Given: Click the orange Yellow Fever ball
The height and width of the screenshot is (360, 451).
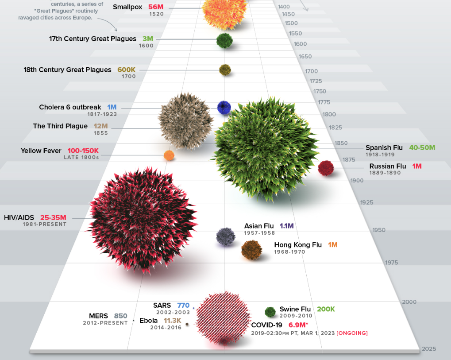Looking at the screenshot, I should tap(169, 155).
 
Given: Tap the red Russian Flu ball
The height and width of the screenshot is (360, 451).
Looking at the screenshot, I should tap(326, 168).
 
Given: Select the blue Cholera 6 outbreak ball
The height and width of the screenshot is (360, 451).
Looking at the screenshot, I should tap(224, 107).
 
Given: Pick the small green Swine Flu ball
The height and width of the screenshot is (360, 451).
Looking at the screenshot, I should tap(270, 312).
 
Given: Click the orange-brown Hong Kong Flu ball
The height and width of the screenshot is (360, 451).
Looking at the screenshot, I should tap(252, 250).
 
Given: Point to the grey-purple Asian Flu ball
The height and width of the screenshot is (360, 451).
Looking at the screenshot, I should tap(226, 236).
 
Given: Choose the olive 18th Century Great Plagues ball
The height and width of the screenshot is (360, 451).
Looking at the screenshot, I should tap(225, 70).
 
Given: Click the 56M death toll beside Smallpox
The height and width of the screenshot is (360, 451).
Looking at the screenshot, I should tap(156, 7).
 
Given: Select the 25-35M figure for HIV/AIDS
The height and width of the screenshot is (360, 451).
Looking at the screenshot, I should tap(53, 217).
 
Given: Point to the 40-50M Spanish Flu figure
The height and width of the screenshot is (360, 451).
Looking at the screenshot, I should tap(422, 147).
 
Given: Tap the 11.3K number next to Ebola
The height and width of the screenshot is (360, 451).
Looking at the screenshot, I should tap(173, 321).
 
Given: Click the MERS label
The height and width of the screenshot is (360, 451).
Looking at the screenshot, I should tap(98, 316).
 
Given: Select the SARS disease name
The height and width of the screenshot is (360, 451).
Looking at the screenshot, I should tap(162, 306).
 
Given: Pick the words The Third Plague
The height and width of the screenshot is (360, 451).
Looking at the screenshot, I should tap(60, 126).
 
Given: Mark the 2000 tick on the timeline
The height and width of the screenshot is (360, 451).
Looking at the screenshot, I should tap(409, 302).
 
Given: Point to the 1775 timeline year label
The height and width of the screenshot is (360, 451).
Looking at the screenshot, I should tap(324, 103).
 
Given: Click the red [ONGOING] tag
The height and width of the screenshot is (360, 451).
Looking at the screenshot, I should tap(352, 333).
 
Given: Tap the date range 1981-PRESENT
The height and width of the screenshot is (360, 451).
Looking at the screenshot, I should tap(45, 225).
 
